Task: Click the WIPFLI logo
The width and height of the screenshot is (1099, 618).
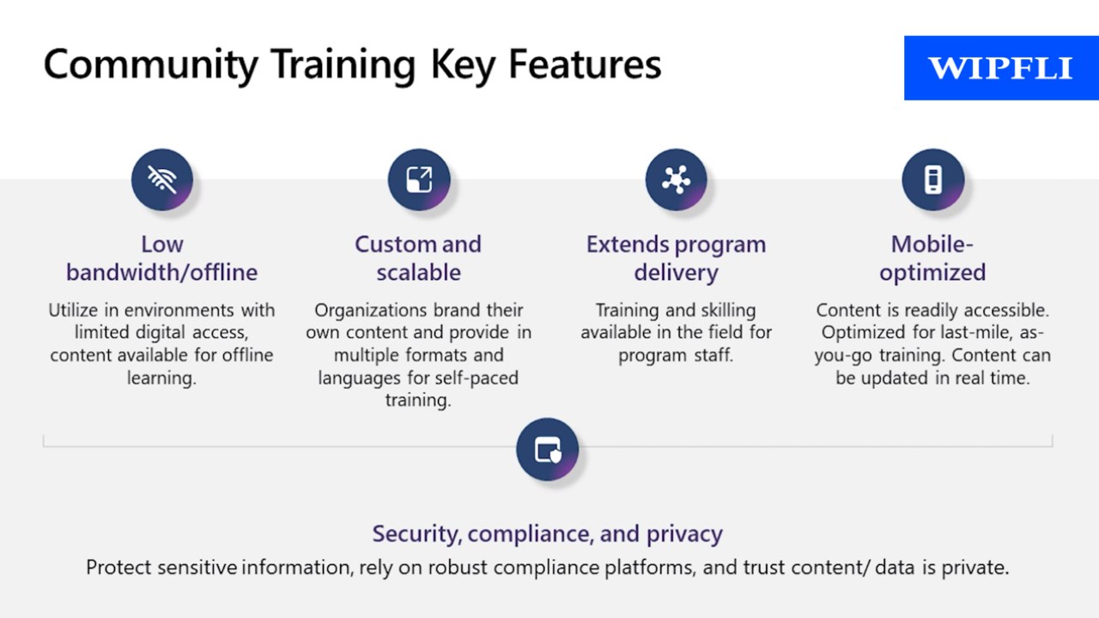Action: click(x=1001, y=68)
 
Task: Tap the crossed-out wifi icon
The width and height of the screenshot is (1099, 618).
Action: click(x=162, y=179)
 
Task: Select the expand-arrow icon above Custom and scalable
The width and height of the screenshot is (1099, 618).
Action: click(x=419, y=179)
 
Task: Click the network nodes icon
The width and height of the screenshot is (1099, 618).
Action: click(x=676, y=179)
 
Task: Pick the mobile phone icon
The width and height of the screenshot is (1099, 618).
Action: click(x=933, y=179)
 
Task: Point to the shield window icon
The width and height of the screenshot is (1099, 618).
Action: click(x=548, y=449)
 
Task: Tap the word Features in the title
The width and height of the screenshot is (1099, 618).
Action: click(x=585, y=64)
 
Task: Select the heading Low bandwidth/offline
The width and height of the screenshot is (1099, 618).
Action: click(x=162, y=258)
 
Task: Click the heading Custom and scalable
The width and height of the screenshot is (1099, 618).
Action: click(x=418, y=258)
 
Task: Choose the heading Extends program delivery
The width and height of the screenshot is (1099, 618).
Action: click(x=676, y=258)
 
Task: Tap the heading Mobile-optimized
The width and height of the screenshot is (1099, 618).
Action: click(x=932, y=258)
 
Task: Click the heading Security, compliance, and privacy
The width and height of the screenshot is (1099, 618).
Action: click(x=548, y=534)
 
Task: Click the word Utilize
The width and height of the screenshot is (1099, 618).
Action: click(x=73, y=310)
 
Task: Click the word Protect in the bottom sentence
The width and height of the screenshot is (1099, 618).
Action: click(x=118, y=567)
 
